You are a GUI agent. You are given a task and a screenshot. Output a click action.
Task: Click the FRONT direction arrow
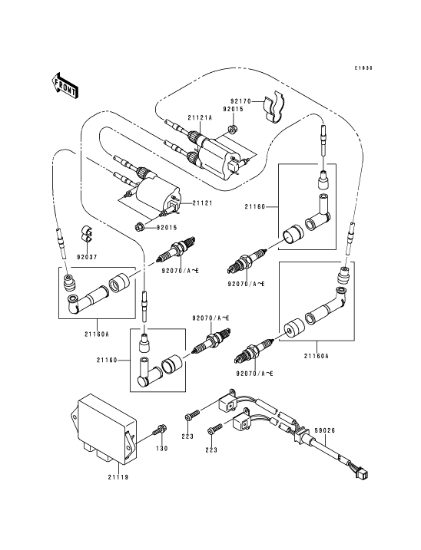tap(65, 85)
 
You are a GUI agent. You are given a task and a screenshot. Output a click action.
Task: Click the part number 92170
tap(240, 102)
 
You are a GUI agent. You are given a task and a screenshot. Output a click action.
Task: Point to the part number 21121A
tap(200, 118)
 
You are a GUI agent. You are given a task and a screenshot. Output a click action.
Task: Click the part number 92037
tap(87, 257)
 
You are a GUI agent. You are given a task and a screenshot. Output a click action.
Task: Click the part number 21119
tap(118, 477)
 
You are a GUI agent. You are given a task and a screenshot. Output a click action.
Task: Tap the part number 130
tap(161, 448)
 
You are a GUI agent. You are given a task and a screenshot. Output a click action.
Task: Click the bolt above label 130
tap(160, 430)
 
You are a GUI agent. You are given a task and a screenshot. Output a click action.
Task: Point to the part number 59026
tap(325, 430)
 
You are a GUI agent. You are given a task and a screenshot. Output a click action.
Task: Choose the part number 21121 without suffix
tap(202, 203)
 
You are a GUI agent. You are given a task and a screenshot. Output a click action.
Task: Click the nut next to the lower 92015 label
tap(140, 227)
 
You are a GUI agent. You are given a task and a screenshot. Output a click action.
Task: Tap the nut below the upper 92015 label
tap(232, 129)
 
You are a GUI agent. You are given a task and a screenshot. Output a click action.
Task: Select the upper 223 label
tap(187, 436)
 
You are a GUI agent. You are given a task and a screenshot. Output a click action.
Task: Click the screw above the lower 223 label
tap(214, 429)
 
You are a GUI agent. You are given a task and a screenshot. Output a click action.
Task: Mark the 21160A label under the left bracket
tap(97, 334)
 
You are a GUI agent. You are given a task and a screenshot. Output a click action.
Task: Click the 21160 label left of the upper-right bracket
tap(255, 207)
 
